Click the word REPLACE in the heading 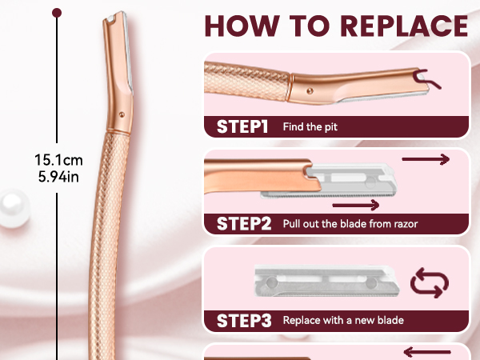click(x=404, y=26)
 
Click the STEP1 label click(x=242, y=126)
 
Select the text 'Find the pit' click(x=310, y=126)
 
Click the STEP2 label click(x=244, y=224)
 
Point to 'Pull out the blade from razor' click(x=350, y=224)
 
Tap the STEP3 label click(x=244, y=321)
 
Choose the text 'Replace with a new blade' click(x=343, y=321)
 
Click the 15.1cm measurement click(x=58, y=160)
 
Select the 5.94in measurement click(x=58, y=177)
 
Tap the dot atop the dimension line click(x=57, y=13)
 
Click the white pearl click(x=14, y=208)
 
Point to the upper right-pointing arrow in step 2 click(x=426, y=159)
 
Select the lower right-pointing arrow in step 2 click(x=356, y=205)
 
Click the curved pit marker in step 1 click(x=426, y=78)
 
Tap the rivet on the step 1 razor click(x=310, y=91)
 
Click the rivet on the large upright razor click(x=122, y=114)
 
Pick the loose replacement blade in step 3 click(x=326, y=281)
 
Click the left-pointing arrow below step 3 click(x=427, y=352)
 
